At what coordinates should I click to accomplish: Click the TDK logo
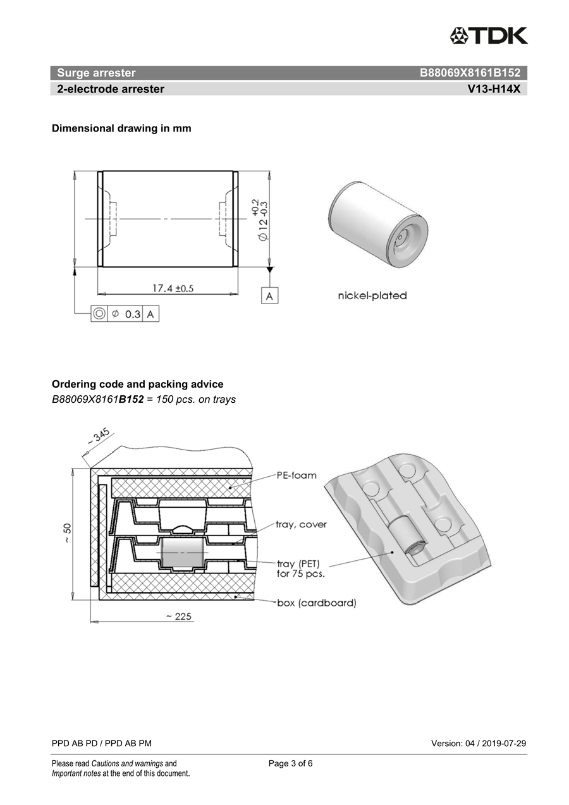pyautogui.click(x=489, y=35)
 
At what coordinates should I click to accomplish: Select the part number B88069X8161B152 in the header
pyautogui.click(x=470, y=73)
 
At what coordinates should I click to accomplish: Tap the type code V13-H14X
pyautogui.click(x=494, y=89)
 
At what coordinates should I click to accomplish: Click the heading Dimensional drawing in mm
pyautogui.click(x=121, y=128)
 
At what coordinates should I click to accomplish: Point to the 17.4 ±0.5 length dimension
pyautogui.click(x=173, y=288)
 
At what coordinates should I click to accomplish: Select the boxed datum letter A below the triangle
pyautogui.click(x=269, y=296)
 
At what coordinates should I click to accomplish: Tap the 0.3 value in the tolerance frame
pyautogui.click(x=133, y=314)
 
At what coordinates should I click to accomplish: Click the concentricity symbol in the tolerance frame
pyautogui.click(x=99, y=314)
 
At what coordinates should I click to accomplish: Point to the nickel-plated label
pyautogui.click(x=372, y=296)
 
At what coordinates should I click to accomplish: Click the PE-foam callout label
pyautogui.click(x=297, y=475)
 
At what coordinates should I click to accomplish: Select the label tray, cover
pyautogui.click(x=301, y=524)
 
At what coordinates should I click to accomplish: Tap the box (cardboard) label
pyautogui.click(x=317, y=603)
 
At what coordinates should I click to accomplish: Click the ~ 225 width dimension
pyautogui.click(x=179, y=617)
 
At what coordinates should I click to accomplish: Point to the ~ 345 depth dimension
pyautogui.click(x=98, y=437)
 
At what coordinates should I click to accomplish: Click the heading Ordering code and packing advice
pyautogui.click(x=138, y=384)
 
